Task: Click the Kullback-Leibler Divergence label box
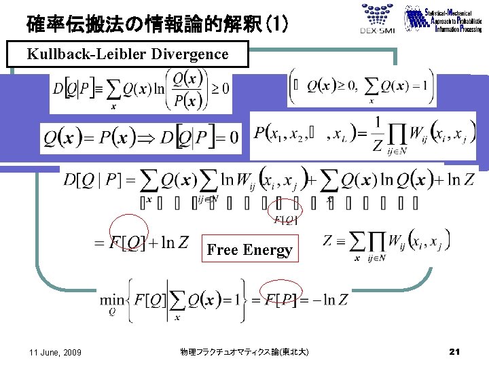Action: pyautogui.click(x=128, y=54)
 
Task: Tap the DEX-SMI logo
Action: pyautogui.click(x=377, y=20)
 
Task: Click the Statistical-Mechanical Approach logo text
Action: pyautogui.click(x=444, y=20)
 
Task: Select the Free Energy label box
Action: pyautogui.click(x=249, y=250)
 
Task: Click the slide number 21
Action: pyautogui.click(x=455, y=351)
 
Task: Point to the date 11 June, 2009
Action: pyautogui.click(x=56, y=352)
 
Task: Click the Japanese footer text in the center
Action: pyautogui.click(x=244, y=352)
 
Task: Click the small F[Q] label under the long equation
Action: pyautogui.click(x=283, y=219)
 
